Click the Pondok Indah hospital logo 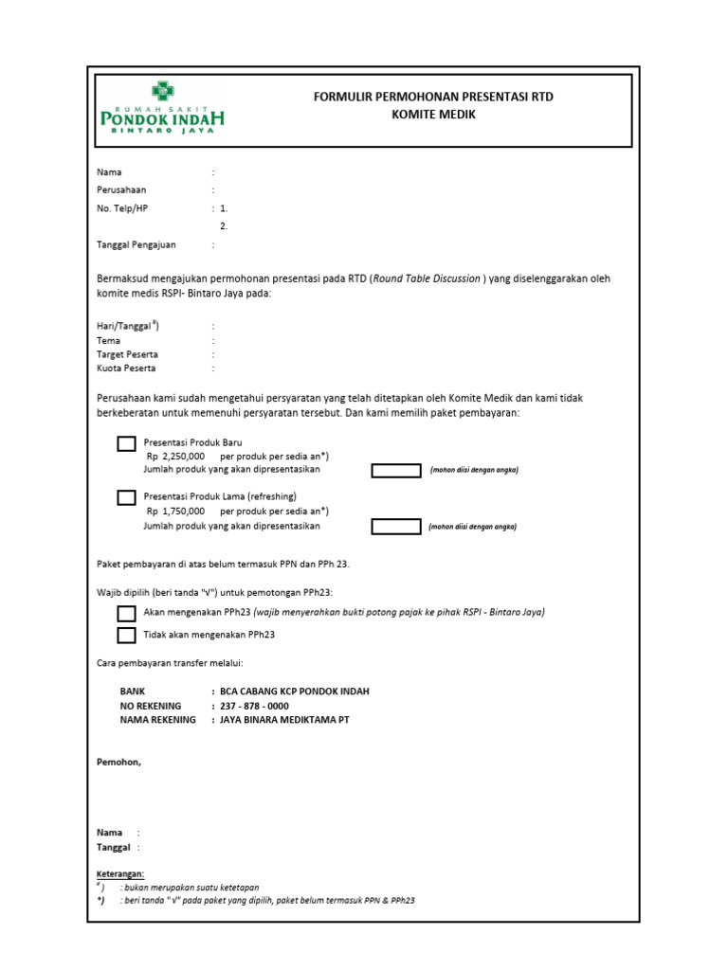click(x=162, y=110)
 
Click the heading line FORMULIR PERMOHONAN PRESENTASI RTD click(x=433, y=98)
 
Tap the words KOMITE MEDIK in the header click(x=433, y=115)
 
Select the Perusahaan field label click(x=121, y=190)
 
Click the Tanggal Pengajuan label click(x=136, y=244)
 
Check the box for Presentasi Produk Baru click(x=126, y=443)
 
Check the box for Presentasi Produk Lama click(x=126, y=497)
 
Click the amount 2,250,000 click(x=183, y=456)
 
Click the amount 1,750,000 click(x=183, y=510)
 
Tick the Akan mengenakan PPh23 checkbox click(x=126, y=614)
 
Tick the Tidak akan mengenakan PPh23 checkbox click(x=126, y=635)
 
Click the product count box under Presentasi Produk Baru click(x=395, y=471)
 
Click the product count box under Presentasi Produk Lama click(x=395, y=526)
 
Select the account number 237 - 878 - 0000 click(x=254, y=706)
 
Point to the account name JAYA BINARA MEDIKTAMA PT click(x=284, y=720)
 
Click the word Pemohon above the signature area click(x=118, y=762)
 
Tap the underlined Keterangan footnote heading click(x=120, y=873)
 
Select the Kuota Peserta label click(x=126, y=368)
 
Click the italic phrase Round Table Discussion click(x=427, y=278)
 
